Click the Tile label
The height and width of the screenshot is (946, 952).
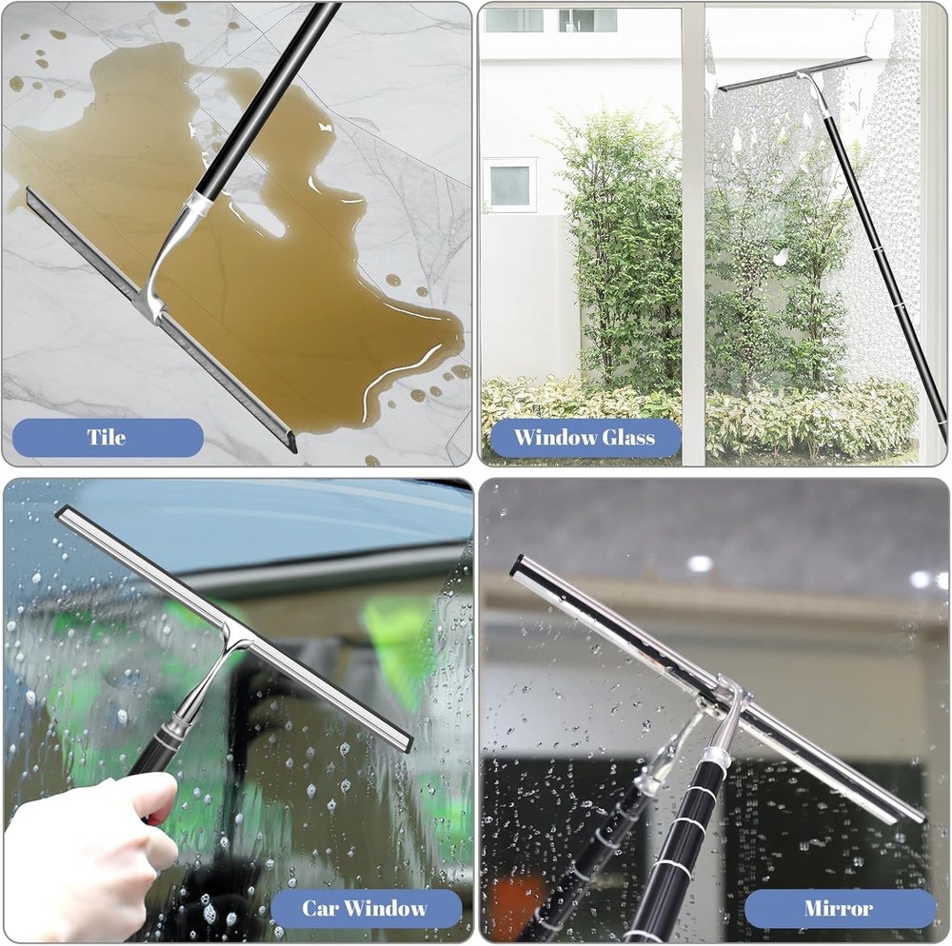(107, 438)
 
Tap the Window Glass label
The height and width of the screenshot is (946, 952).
(585, 438)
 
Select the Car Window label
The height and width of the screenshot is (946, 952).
(366, 908)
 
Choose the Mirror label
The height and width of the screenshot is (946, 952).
(839, 908)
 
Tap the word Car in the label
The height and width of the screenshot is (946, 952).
(319, 908)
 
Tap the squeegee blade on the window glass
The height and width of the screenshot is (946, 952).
(795, 73)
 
